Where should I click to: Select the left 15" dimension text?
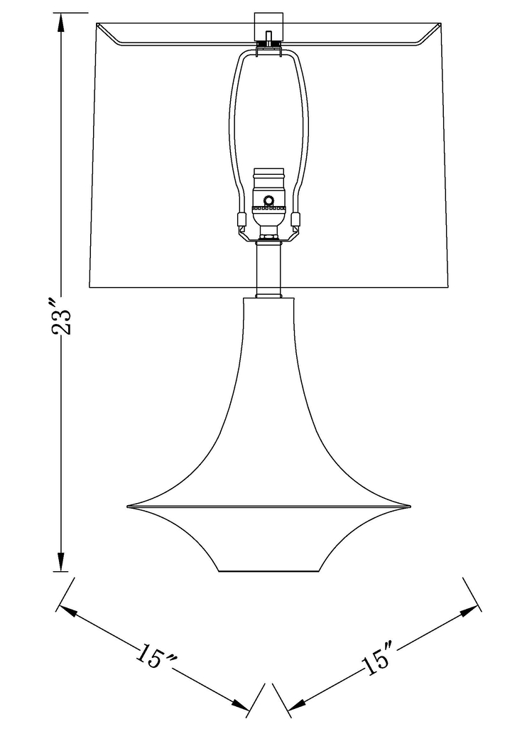coord(156,657)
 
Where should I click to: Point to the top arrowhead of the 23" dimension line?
coord(62,21)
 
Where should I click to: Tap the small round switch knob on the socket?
coord(269,200)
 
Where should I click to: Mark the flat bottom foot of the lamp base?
coord(268,570)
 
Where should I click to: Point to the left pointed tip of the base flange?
coord(129,506)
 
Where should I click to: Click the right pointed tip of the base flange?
coord(410,506)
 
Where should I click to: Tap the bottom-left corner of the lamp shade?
coord(90,286)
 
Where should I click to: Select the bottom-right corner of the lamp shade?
coord(449,286)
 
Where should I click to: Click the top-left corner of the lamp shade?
coord(97,24)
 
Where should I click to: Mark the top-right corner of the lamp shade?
coord(442,24)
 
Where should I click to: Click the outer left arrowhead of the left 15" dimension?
coord(65,609)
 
